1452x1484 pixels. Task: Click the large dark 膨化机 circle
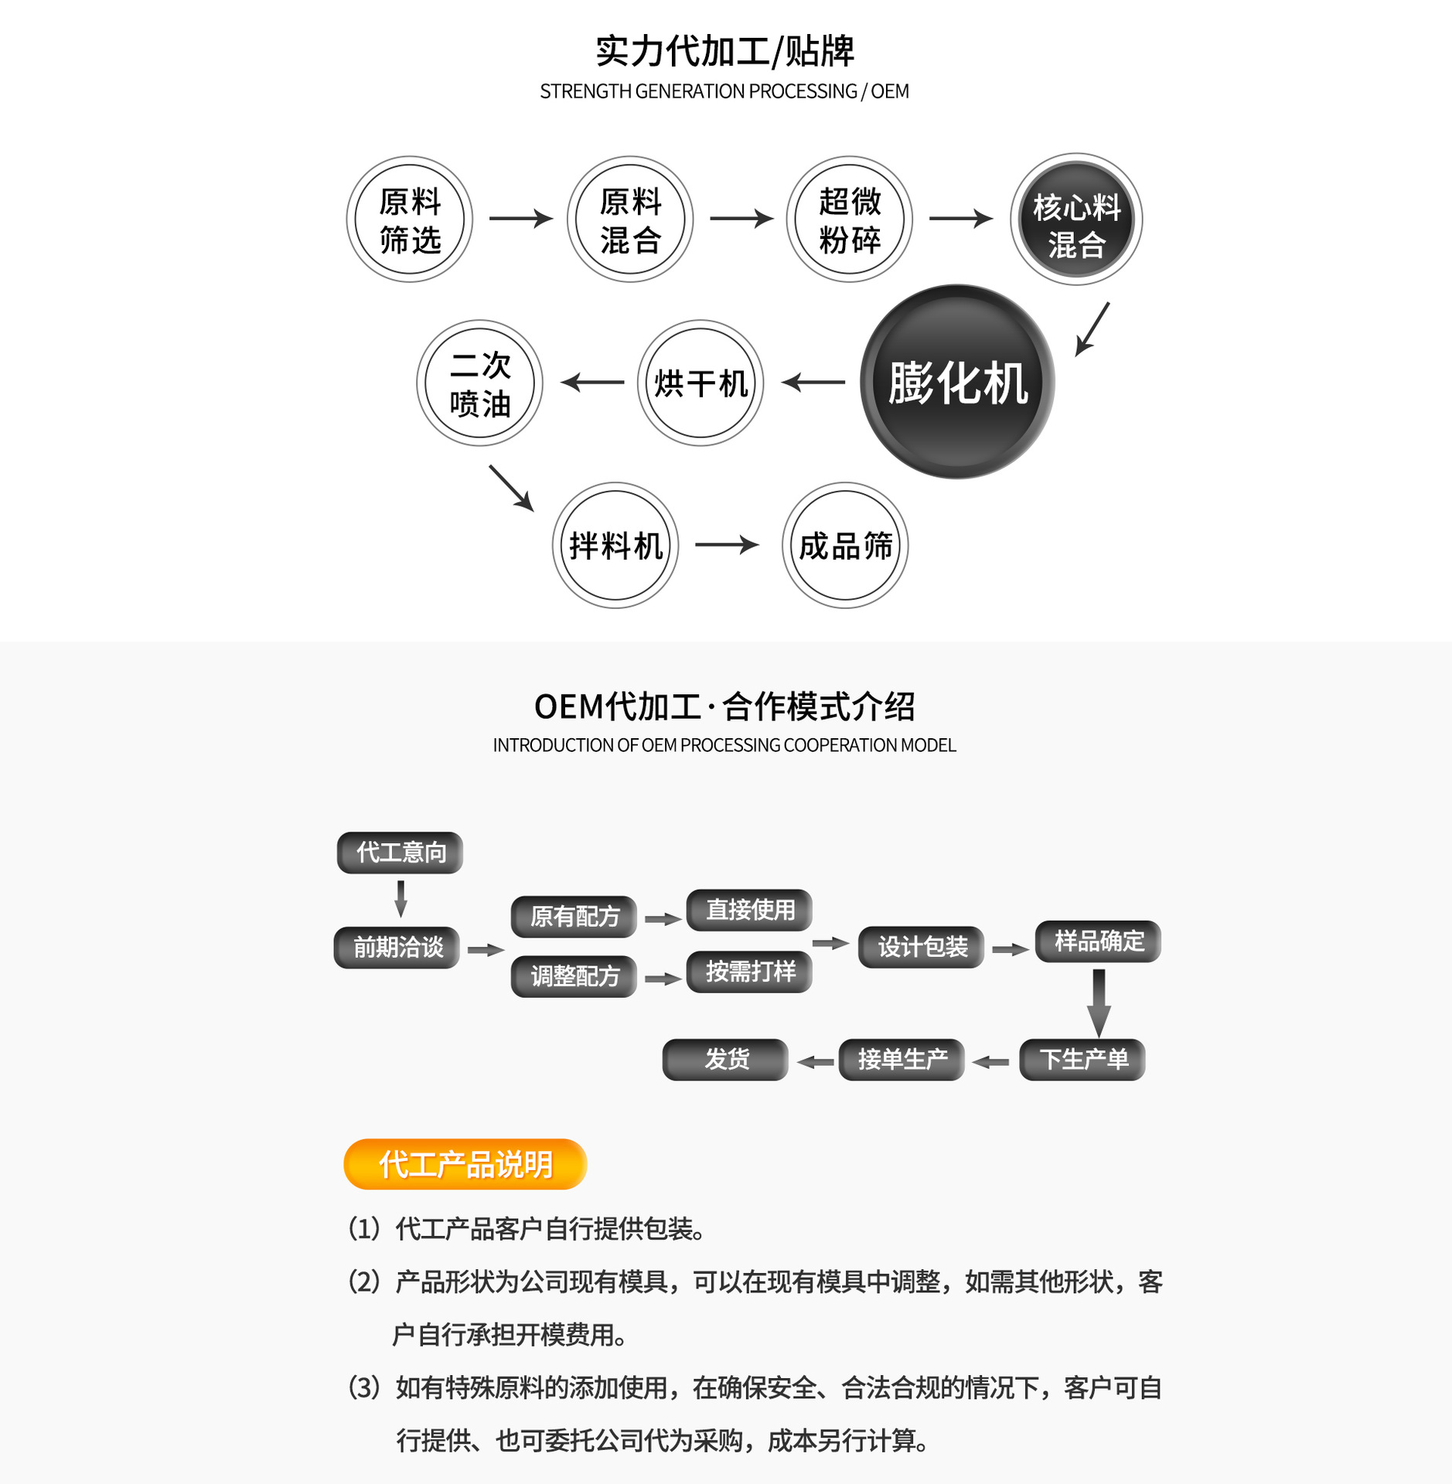(x=957, y=382)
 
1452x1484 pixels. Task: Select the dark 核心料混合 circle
(x=1076, y=220)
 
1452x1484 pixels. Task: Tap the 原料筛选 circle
(x=410, y=220)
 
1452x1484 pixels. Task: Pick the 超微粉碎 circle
(x=850, y=220)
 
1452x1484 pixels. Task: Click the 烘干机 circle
(x=700, y=383)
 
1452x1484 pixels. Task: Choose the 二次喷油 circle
(x=479, y=383)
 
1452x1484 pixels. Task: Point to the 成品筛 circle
(x=845, y=546)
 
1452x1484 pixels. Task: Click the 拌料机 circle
(x=615, y=546)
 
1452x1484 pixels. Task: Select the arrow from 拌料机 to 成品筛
(x=727, y=545)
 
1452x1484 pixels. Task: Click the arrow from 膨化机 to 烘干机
(x=813, y=382)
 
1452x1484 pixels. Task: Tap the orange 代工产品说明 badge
(x=465, y=1164)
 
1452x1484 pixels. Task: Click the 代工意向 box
(x=400, y=853)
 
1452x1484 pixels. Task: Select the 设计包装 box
(x=922, y=947)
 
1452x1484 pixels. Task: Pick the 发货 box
(x=725, y=1060)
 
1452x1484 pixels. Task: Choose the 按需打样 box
(x=750, y=972)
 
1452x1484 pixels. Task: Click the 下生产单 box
(x=1082, y=1060)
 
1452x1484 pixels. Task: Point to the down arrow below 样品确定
(x=1099, y=1003)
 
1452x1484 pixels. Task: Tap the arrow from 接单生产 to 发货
(x=815, y=1063)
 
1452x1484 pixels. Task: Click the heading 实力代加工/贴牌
(x=724, y=51)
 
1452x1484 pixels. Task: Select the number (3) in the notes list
(x=364, y=1388)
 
